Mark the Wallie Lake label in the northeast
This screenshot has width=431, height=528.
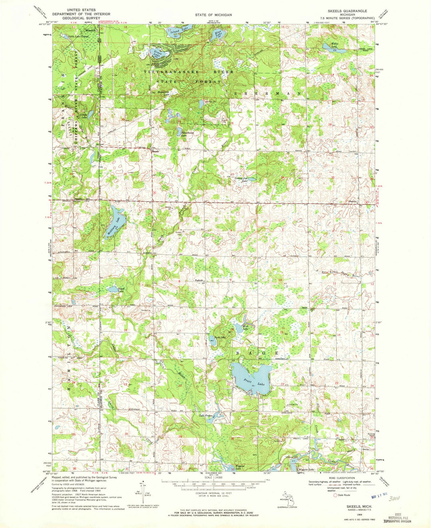coord(334,44)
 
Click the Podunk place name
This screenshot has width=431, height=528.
coord(199,281)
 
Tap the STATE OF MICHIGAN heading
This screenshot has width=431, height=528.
coord(213,15)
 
